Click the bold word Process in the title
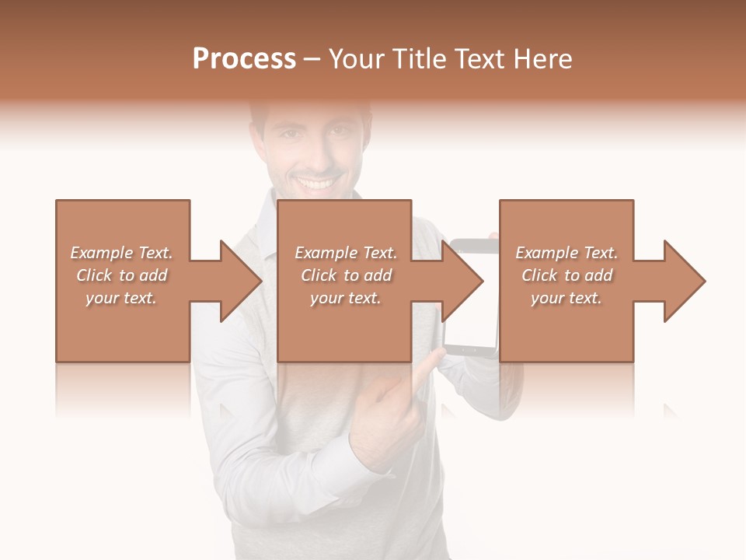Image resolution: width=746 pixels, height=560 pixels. (244, 59)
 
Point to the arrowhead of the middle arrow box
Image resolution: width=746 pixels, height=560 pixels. (462, 281)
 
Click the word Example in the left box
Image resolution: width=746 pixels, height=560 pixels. (101, 253)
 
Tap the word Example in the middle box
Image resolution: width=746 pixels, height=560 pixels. (326, 253)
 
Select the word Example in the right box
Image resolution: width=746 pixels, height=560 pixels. (546, 253)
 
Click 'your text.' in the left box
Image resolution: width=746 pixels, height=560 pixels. (121, 298)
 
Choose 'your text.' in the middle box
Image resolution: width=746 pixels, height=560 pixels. (346, 298)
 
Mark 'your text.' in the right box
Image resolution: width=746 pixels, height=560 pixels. (566, 298)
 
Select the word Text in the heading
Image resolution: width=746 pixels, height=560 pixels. (480, 59)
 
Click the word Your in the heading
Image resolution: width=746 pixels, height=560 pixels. (355, 59)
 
